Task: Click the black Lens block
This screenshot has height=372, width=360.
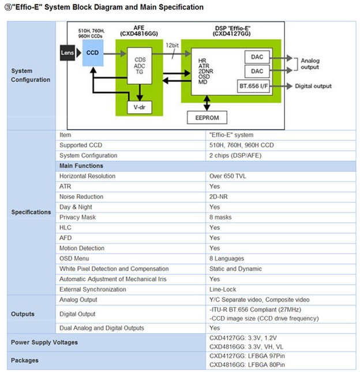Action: [67, 53]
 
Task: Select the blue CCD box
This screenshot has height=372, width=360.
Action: [93, 53]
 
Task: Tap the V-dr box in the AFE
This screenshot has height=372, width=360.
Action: [140, 107]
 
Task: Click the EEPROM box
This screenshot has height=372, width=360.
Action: [207, 117]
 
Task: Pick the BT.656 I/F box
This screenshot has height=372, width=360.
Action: [253, 86]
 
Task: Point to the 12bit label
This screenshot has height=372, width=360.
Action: [172, 45]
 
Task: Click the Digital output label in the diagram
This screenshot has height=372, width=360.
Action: [313, 86]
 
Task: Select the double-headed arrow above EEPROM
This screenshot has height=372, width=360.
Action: [207, 103]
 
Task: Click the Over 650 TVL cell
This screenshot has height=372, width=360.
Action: [227, 176]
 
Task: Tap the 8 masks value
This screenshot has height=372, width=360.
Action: [220, 217]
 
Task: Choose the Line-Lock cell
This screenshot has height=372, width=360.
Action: [223, 289]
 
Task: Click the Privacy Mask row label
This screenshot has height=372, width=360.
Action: [77, 217]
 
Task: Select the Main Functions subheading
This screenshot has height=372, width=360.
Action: [81, 166]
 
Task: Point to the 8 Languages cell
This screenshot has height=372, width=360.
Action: [227, 258]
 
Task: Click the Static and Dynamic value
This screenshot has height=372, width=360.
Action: [235, 269]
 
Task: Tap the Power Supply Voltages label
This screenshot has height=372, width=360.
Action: [44, 343]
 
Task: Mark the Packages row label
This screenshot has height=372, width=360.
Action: [25, 360]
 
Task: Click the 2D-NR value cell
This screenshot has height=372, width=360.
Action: [218, 196]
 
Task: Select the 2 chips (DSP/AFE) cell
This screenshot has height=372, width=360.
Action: [235, 155]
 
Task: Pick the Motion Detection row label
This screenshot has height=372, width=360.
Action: [82, 248]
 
